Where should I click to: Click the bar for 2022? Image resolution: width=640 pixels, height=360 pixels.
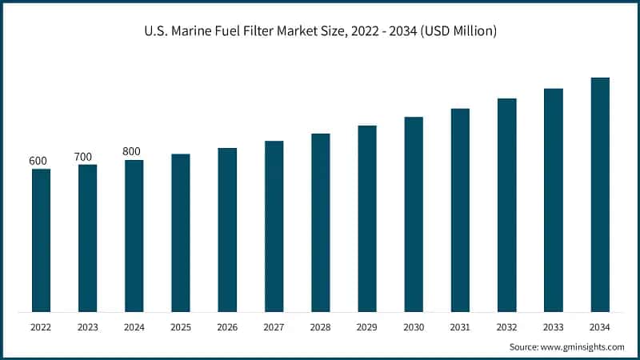pos(41,240)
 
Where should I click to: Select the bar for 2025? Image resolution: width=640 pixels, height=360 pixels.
pos(181,233)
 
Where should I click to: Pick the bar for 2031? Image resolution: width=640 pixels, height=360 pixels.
pos(460,210)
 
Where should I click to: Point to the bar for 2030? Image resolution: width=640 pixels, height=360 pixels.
pos(414,214)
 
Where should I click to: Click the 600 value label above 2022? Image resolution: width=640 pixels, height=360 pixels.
pos(38,161)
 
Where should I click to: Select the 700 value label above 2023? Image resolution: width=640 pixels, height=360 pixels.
pos(83,157)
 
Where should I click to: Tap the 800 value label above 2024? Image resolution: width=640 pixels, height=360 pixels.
pos(132,151)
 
